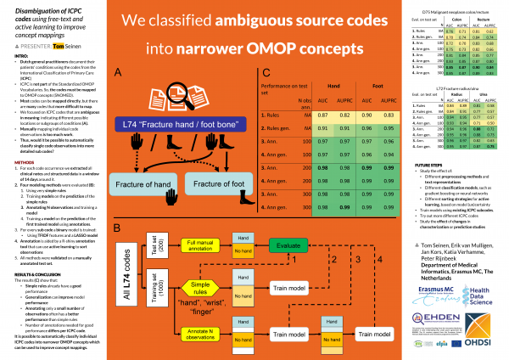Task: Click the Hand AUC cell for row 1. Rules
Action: click(298, 114)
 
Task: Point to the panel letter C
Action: click(266, 74)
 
